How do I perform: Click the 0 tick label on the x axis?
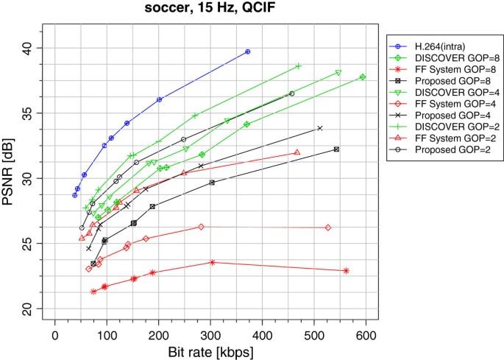pyautogui.click(x=54, y=335)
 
